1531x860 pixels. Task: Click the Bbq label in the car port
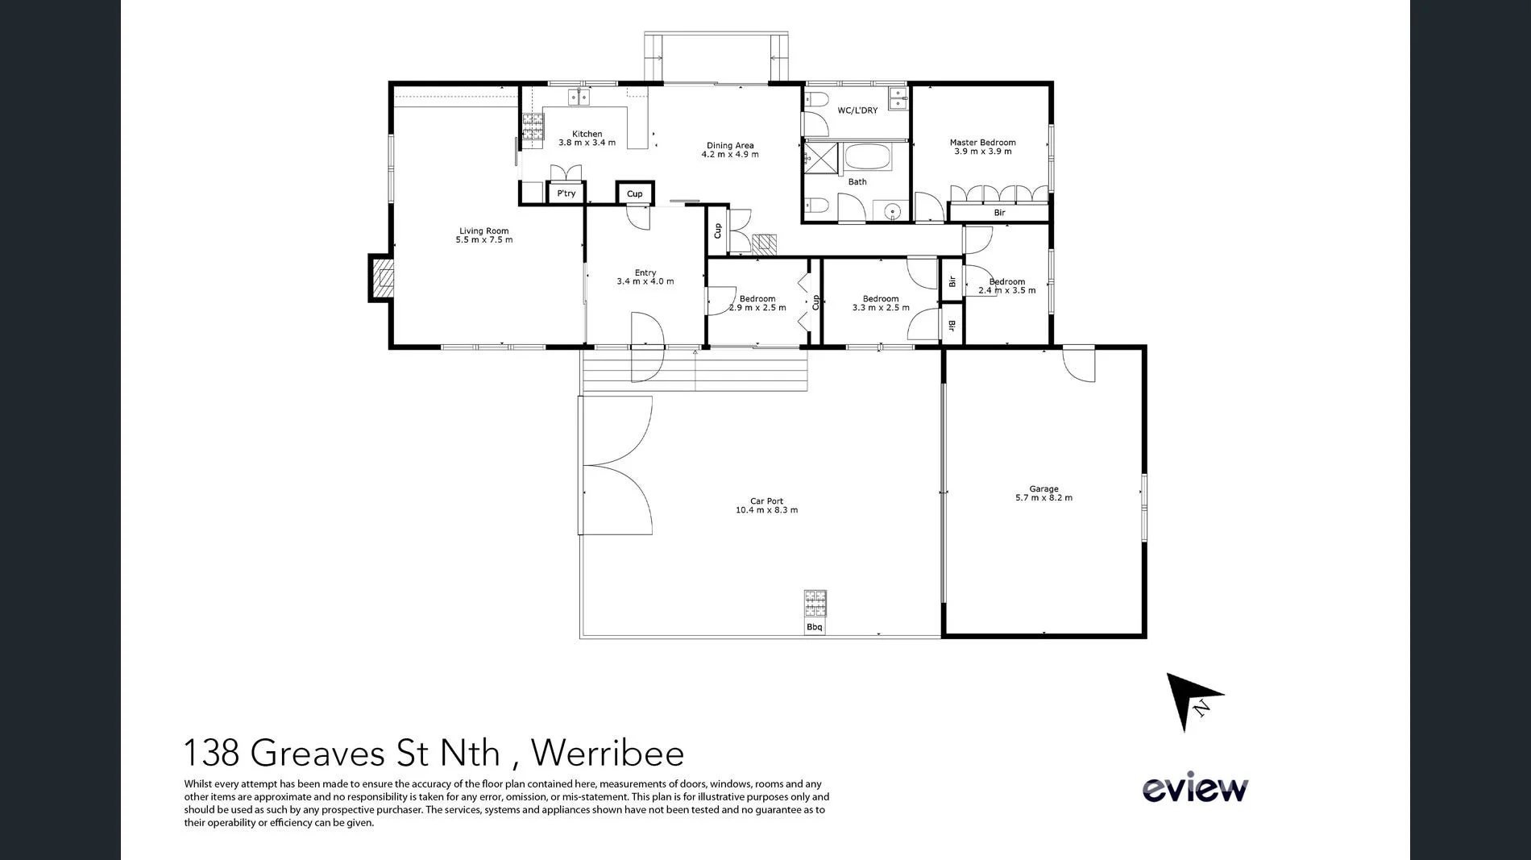(815, 627)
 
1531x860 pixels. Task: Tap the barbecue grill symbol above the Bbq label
(815, 602)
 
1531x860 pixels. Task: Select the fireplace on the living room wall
(382, 278)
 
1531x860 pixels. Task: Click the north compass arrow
(1191, 700)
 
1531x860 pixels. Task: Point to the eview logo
(1195, 789)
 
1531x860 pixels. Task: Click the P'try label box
(566, 193)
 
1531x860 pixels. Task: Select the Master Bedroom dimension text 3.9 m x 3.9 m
(982, 152)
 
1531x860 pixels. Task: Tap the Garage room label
(1043, 488)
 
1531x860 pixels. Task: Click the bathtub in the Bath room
(867, 156)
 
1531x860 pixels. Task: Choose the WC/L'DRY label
(857, 110)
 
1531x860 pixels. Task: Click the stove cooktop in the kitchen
(533, 127)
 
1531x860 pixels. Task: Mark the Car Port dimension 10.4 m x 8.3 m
(766, 510)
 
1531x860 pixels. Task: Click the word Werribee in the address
(608, 753)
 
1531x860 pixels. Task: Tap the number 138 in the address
(211, 753)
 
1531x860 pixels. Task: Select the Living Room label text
(483, 231)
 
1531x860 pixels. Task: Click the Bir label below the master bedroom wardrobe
(999, 213)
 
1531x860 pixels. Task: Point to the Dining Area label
(730, 146)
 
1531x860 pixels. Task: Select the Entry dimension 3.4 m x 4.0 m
(645, 281)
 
